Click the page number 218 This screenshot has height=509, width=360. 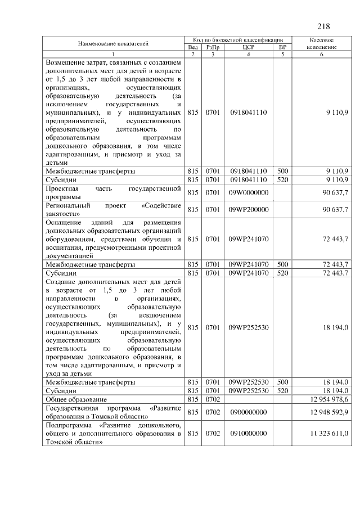[x=323, y=26]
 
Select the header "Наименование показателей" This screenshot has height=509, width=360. [x=113, y=43]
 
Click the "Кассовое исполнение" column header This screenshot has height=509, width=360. [x=322, y=44]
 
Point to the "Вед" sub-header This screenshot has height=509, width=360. [x=193, y=48]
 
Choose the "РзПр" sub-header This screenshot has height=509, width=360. [x=213, y=48]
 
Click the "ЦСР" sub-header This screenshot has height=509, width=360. [x=249, y=48]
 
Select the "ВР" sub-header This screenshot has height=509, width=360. [x=282, y=48]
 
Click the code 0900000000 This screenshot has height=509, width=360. [x=248, y=412]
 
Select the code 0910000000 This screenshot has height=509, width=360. [x=248, y=434]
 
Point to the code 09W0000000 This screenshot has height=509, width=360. [x=248, y=193]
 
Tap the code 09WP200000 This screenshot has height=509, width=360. [x=248, y=210]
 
